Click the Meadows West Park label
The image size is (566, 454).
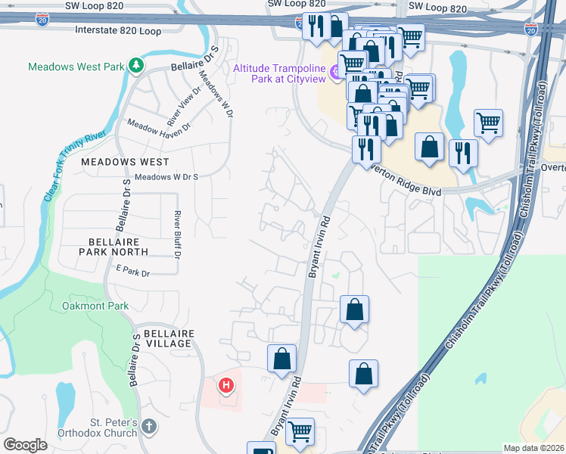pyautogui.click(x=76, y=67)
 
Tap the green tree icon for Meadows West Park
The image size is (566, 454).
pyautogui.click(x=135, y=66)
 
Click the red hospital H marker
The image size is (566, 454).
pyautogui.click(x=225, y=387)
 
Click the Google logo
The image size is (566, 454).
pyautogui.click(x=25, y=445)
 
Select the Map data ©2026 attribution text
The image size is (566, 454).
pyautogui.click(x=533, y=448)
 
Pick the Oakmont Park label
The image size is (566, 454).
pyautogui.click(x=95, y=306)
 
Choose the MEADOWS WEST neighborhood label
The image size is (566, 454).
pyautogui.click(x=125, y=162)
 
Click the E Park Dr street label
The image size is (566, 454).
pyautogui.click(x=133, y=270)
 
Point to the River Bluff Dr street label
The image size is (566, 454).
pyautogui.click(x=178, y=235)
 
